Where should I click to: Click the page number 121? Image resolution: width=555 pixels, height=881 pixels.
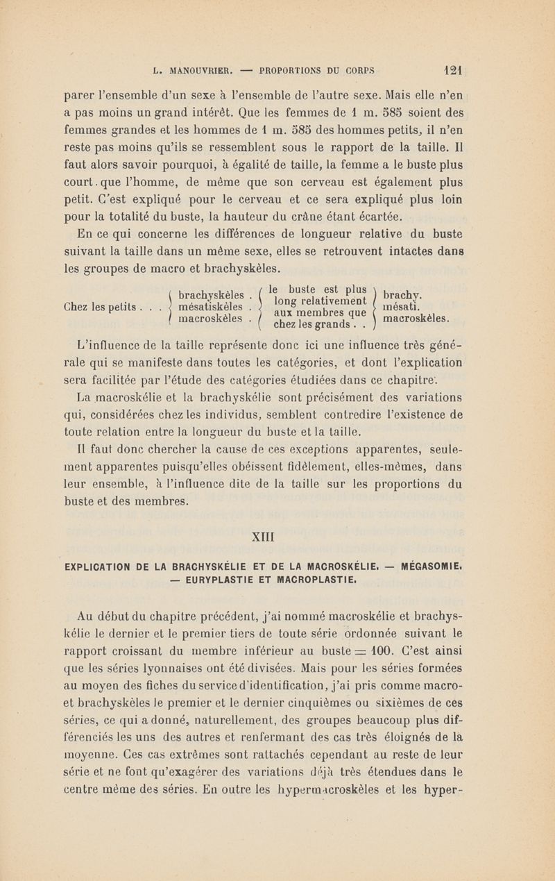(454, 69)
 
